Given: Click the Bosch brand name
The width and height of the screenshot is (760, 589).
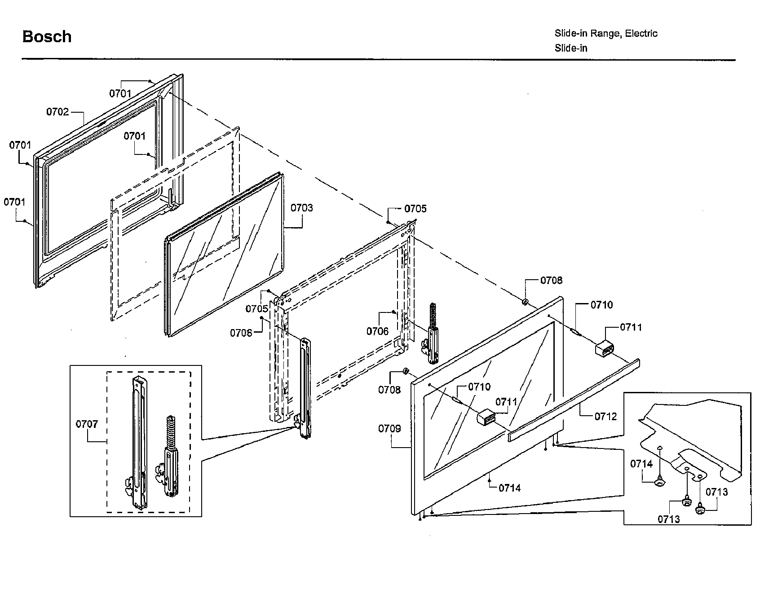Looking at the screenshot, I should coord(47,37).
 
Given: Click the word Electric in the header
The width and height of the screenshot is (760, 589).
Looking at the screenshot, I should coord(641,33).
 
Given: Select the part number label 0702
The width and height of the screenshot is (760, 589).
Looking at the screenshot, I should coord(57,112).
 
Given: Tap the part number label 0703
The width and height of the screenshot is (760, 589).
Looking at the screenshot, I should coord(301,208).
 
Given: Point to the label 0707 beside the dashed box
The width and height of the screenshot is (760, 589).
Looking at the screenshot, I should coord(87,424).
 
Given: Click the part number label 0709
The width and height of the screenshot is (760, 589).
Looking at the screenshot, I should coord(389,428).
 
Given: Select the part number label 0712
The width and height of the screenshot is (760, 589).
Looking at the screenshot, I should coord(605,416).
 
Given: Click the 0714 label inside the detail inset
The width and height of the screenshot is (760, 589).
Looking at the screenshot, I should coord(641,464).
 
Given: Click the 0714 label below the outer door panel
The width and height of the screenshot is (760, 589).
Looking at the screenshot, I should coord(509,488).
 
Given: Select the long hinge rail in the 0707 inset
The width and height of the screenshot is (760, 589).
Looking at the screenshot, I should coord(137,442).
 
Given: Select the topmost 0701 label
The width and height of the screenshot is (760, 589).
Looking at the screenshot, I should coord(120,93).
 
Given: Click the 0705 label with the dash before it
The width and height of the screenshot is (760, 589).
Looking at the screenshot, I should coord(415,209).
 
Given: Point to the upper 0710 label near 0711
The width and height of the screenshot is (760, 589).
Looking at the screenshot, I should coord(601,305).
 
